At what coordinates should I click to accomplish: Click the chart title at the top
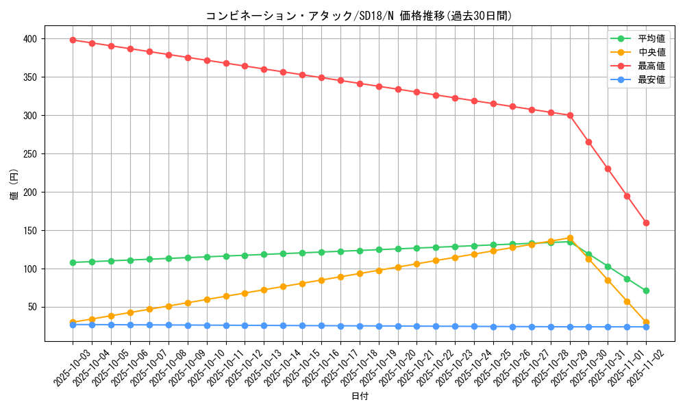359,16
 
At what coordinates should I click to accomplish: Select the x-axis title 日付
359,397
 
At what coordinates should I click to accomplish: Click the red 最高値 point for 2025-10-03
73,40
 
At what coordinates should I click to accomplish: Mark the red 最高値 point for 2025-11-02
646,223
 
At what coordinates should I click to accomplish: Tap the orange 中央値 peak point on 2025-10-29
570,238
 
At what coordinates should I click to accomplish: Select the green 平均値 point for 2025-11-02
646,290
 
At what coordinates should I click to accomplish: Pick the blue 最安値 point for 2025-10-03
73,325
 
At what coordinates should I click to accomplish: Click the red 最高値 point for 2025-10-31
608,169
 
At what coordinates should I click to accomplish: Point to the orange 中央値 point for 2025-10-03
73,322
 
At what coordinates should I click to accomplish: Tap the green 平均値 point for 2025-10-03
73,262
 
